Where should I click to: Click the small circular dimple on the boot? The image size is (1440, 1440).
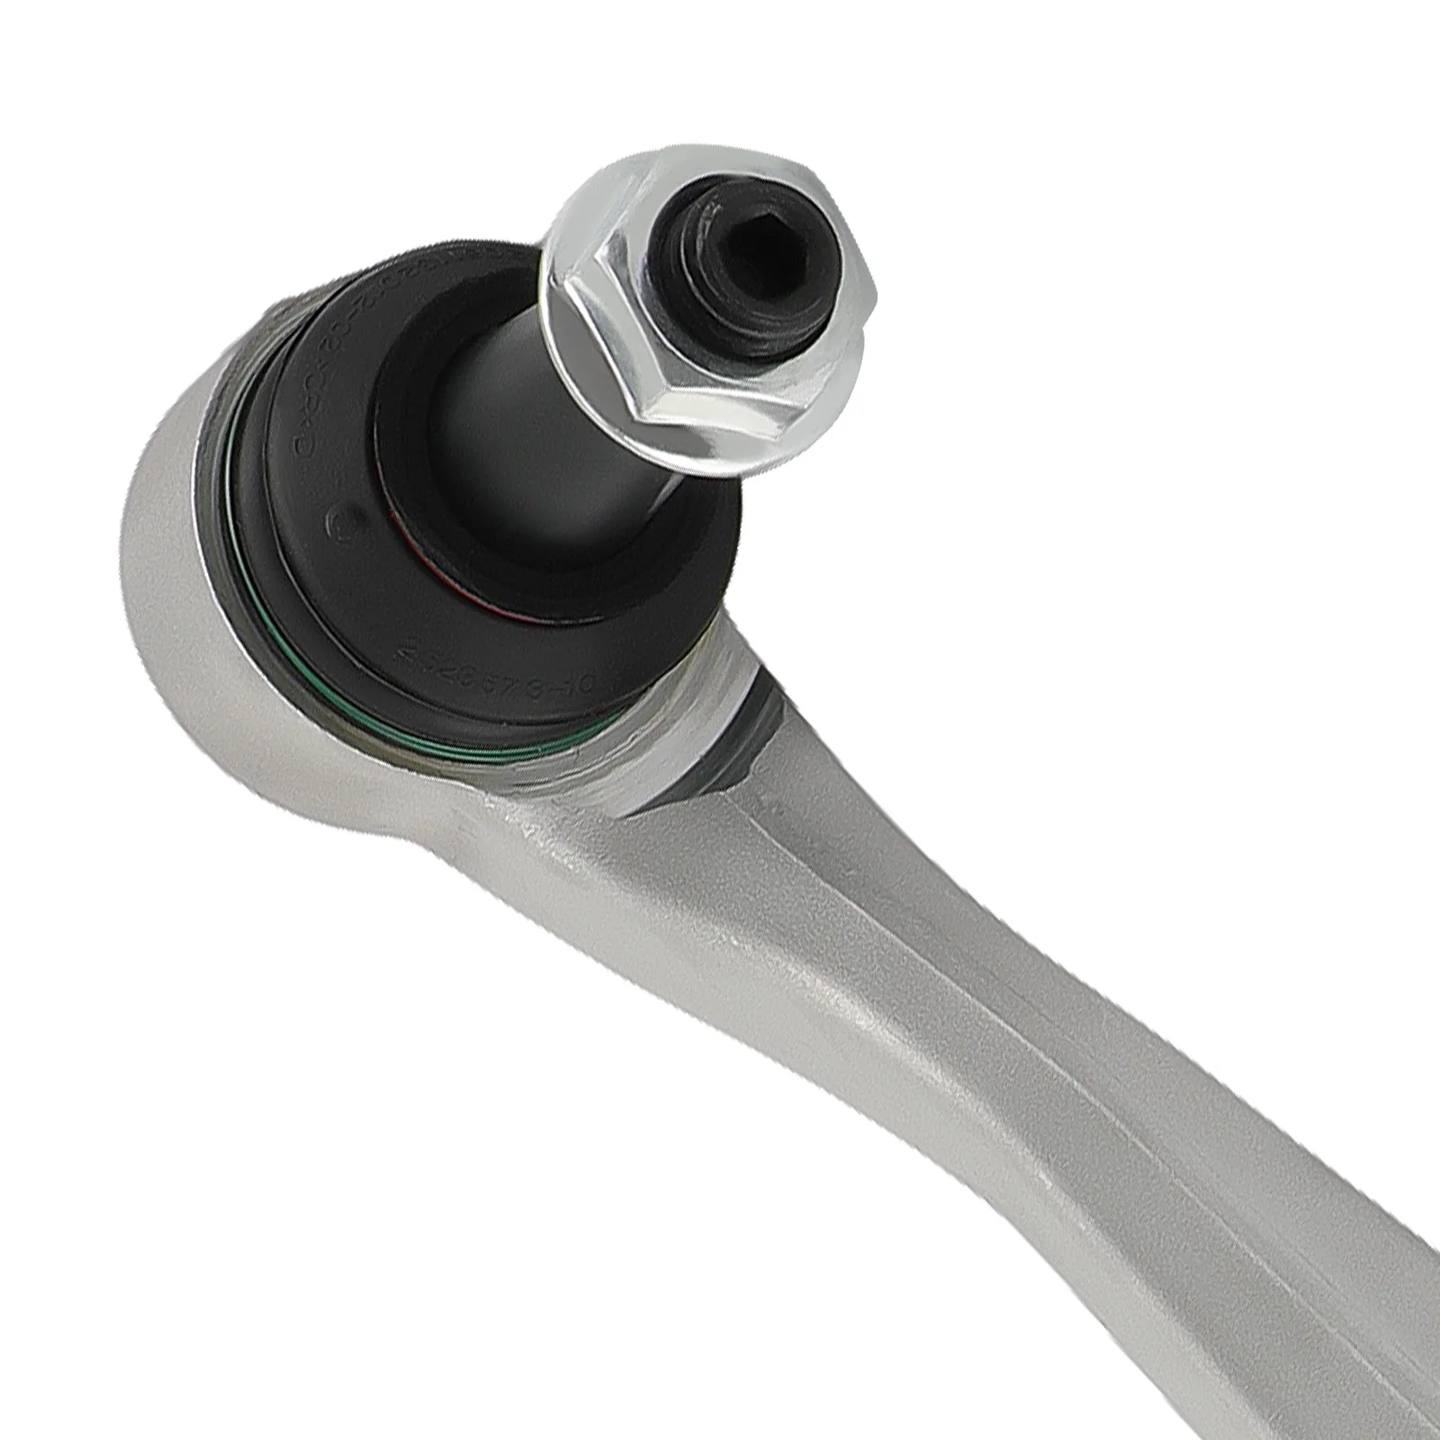(x=344, y=520)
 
